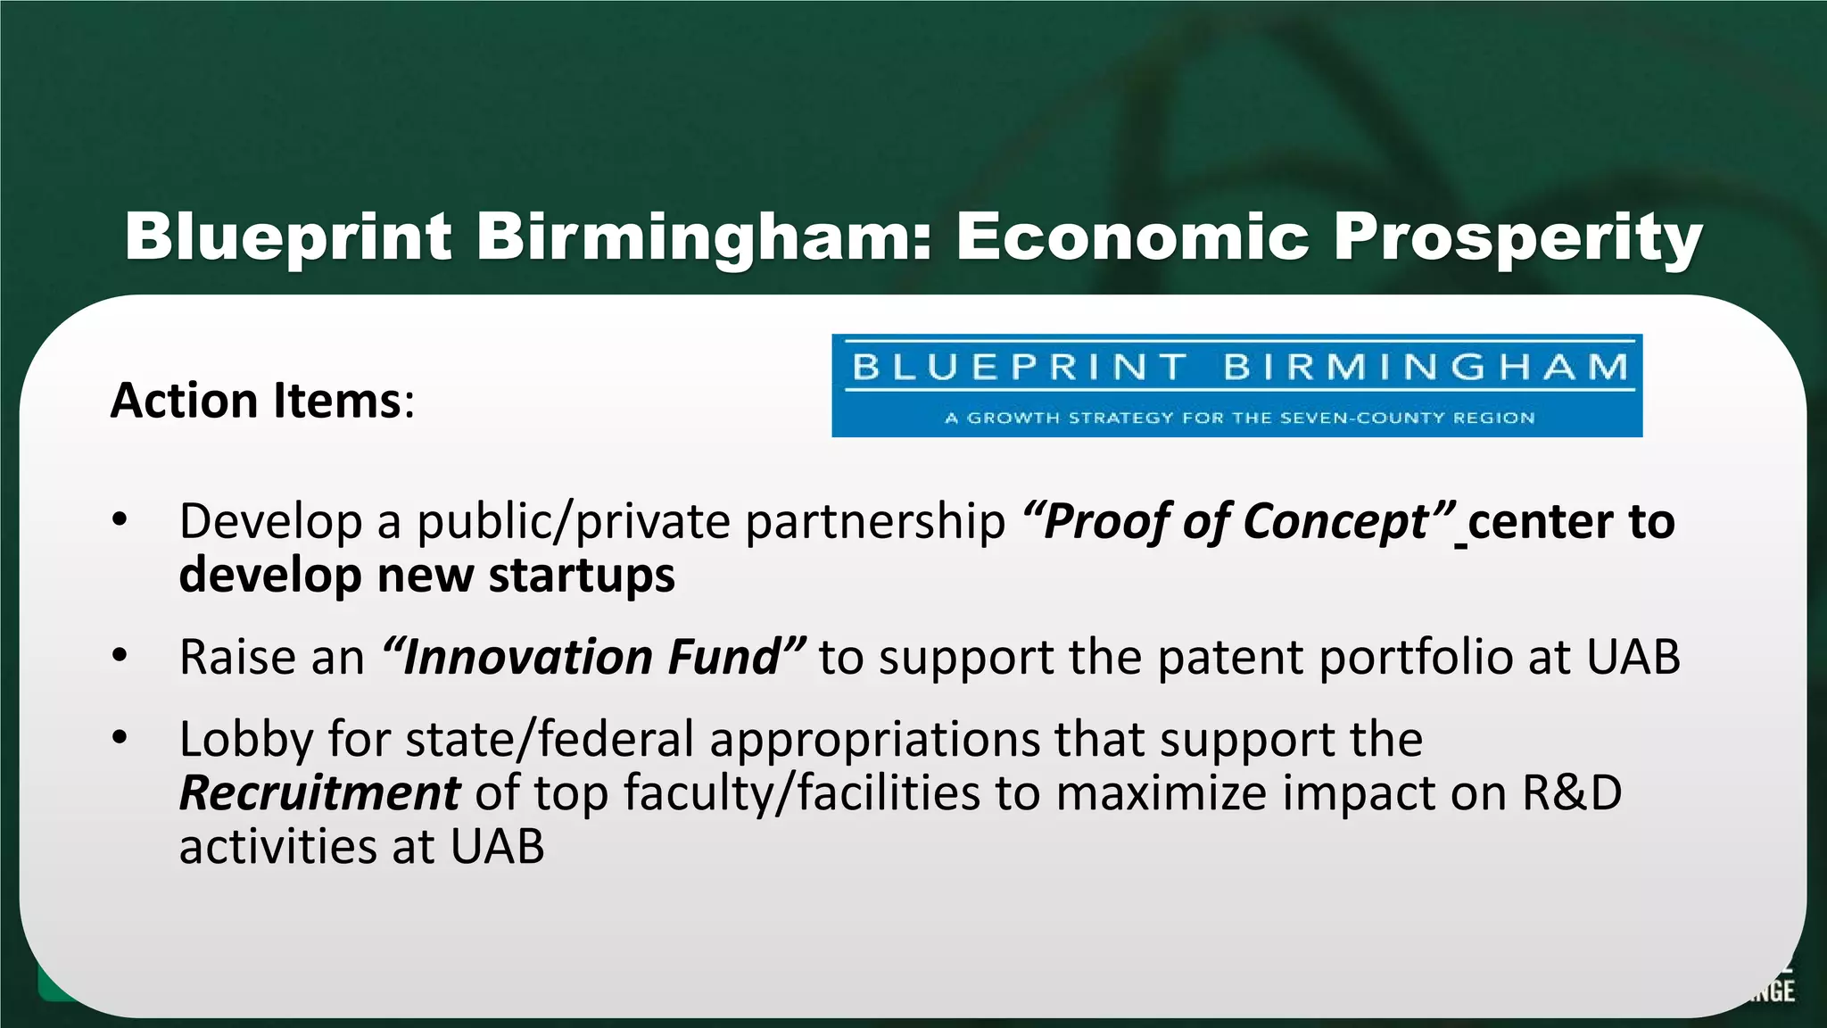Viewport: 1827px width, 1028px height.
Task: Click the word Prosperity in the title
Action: (1517, 237)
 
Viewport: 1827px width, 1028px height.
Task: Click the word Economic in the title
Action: (1132, 237)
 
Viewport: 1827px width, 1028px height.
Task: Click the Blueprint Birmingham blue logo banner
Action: (1236, 385)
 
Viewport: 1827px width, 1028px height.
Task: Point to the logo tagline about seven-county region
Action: (1239, 418)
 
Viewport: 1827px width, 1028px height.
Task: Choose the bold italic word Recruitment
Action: (319, 792)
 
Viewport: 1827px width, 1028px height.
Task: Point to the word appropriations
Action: (874, 740)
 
